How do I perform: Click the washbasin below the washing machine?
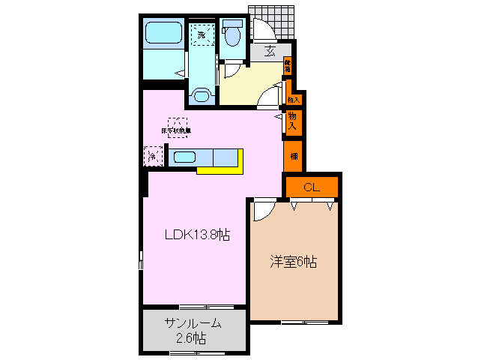[200, 95]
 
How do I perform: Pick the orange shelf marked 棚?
[293, 157]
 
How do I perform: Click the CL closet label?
[311, 187]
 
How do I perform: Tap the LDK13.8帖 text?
[197, 235]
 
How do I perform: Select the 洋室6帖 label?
[294, 262]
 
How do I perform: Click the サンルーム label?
[193, 323]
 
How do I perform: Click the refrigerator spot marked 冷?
[152, 157]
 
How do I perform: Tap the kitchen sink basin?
[184, 157]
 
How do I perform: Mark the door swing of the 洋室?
[263, 210]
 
